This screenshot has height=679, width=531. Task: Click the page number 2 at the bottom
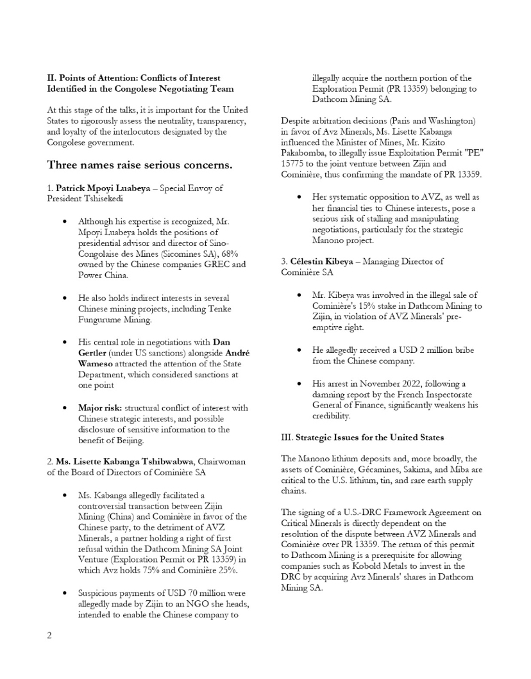49,635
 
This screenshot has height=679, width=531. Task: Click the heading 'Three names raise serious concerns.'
140,165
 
